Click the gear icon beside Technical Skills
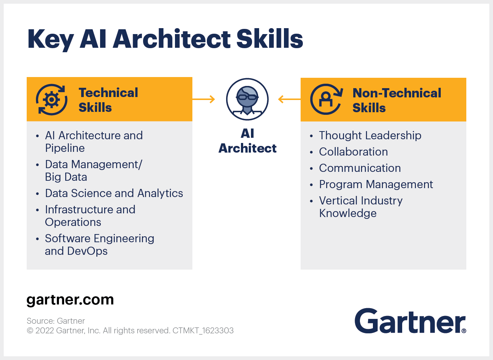tap(52, 100)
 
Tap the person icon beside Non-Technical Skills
tap(326, 99)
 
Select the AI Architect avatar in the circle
tap(247, 99)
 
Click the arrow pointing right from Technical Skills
tap(204, 99)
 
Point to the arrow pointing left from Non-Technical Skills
tap(289, 99)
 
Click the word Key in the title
tap(50, 39)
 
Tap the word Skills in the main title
tap(270, 39)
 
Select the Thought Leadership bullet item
tap(370, 136)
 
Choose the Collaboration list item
tap(353, 152)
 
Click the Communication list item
tap(360, 168)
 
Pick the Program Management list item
tap(376, 184)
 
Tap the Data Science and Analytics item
tap(114, 193)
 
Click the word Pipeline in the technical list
tap(65, 148)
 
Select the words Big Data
tap(66, 177)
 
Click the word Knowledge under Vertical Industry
tap(348, 213)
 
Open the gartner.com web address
tap(70, 300)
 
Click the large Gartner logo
tap(410, 321)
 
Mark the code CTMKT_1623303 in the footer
tap(203, 330)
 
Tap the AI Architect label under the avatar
tap(247, 141)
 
